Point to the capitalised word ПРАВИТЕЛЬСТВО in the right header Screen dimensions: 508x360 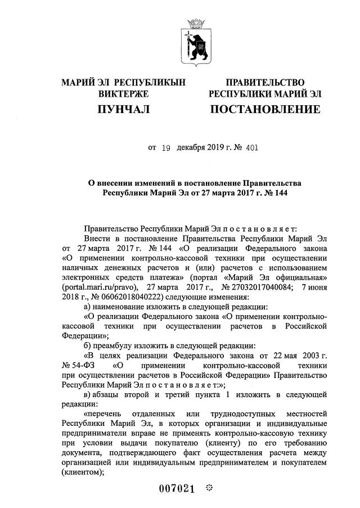click(x=265, y=83)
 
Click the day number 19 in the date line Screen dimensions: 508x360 click(x=165, y=149)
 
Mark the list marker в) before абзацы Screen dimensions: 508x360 click(x=87, y=395)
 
